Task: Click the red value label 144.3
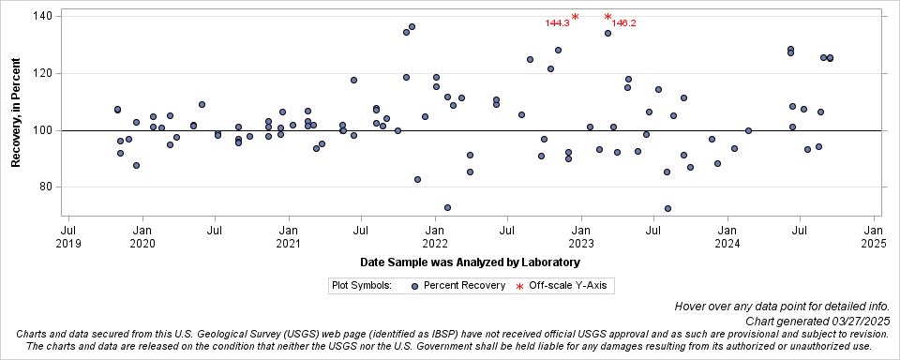coord(557,23)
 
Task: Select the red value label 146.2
coord(624,23)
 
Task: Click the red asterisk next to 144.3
coord(575,17)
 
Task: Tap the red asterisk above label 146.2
coord(608,17)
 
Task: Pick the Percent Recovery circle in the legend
coord(414,284)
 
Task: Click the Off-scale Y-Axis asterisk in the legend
coord(519,285)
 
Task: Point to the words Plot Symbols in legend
coord(361,284)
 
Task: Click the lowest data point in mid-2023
coord(667,208)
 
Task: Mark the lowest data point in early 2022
coord(447,207)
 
